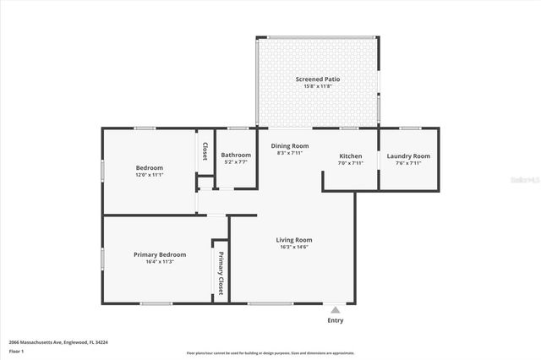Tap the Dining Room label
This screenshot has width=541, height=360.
pos(290,146)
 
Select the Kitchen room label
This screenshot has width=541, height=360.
pos(350,156)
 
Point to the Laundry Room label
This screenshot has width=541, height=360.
pos(408,156)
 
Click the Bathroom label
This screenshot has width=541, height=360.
pos(236,155)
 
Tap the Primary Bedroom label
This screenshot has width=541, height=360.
pos(160,254)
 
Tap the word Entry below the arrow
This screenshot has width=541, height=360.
pos(336,320)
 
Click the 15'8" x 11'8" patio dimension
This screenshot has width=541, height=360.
pos(319,86)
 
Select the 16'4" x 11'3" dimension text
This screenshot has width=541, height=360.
pos(160,262)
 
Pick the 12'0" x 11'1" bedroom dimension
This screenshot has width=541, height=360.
pos(149,175)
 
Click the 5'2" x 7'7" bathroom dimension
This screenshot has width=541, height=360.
pos(236,162)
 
